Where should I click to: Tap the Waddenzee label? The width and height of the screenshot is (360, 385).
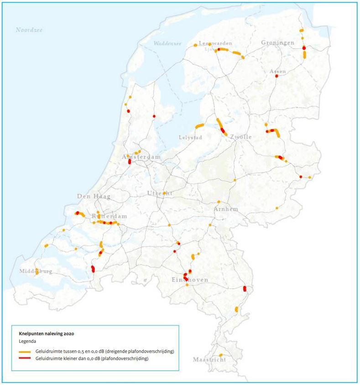[167, 43]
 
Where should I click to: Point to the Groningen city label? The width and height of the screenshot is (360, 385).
[277, 42]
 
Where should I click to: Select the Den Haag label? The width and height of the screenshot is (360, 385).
[93, 196]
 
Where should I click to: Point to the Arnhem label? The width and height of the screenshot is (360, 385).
[226, 209]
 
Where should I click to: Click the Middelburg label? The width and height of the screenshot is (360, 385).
[36, 271]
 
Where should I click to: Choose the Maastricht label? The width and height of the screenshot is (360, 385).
[209, 359]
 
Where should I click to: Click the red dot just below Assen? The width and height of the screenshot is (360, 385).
[277, 76]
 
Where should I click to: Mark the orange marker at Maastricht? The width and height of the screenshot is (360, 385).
[220, 355]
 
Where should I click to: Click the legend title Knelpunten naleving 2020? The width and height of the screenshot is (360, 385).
[43, 333]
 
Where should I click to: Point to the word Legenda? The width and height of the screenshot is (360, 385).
[27, 341]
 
